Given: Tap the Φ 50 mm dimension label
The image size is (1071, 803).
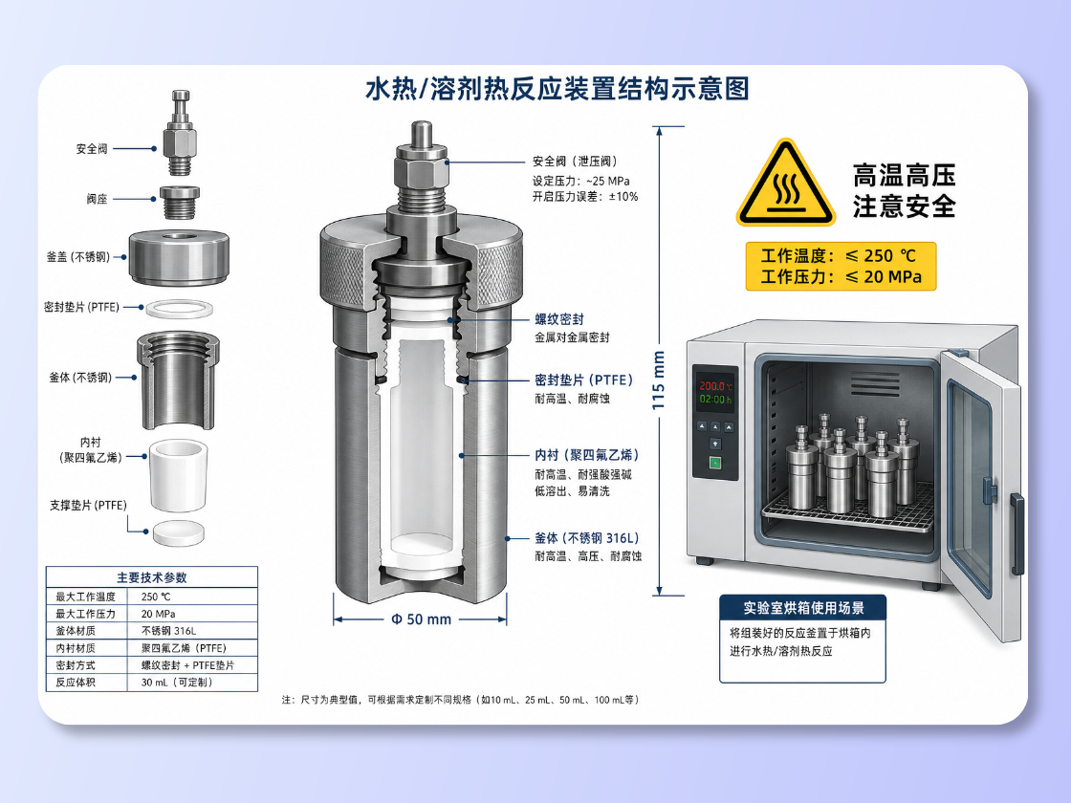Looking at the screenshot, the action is (x=421, y=619).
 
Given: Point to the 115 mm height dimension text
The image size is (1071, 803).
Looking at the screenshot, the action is (x=659, y=380).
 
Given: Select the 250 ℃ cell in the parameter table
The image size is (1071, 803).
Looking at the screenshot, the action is (x=156, y=597).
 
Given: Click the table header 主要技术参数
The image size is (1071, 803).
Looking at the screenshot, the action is (x=152, y=577).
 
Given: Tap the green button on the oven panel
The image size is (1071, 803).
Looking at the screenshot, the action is (x=715, y=463).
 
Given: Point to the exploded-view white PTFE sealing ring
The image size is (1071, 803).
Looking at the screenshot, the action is (x=179, y=309).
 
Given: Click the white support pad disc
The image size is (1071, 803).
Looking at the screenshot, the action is (x=178, y=533).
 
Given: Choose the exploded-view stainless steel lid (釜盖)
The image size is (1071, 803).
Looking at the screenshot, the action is (x=179, y=257).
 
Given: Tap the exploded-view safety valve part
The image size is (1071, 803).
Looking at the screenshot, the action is (x=181, y=134).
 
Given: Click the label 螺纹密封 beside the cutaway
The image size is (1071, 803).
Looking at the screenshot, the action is (x=558, y=319).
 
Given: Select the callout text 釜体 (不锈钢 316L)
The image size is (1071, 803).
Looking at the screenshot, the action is (x=587, y=538).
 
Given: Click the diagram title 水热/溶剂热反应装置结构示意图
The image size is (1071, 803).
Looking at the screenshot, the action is (x=557, y=89).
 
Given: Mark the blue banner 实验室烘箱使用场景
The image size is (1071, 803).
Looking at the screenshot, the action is (x=803, y=608).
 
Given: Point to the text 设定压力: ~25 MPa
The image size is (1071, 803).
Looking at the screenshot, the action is (x=580, y=181).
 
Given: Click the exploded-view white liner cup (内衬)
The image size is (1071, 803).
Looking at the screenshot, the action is (x=178, y=475).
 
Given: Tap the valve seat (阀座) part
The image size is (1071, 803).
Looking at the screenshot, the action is (x=180, y=202).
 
